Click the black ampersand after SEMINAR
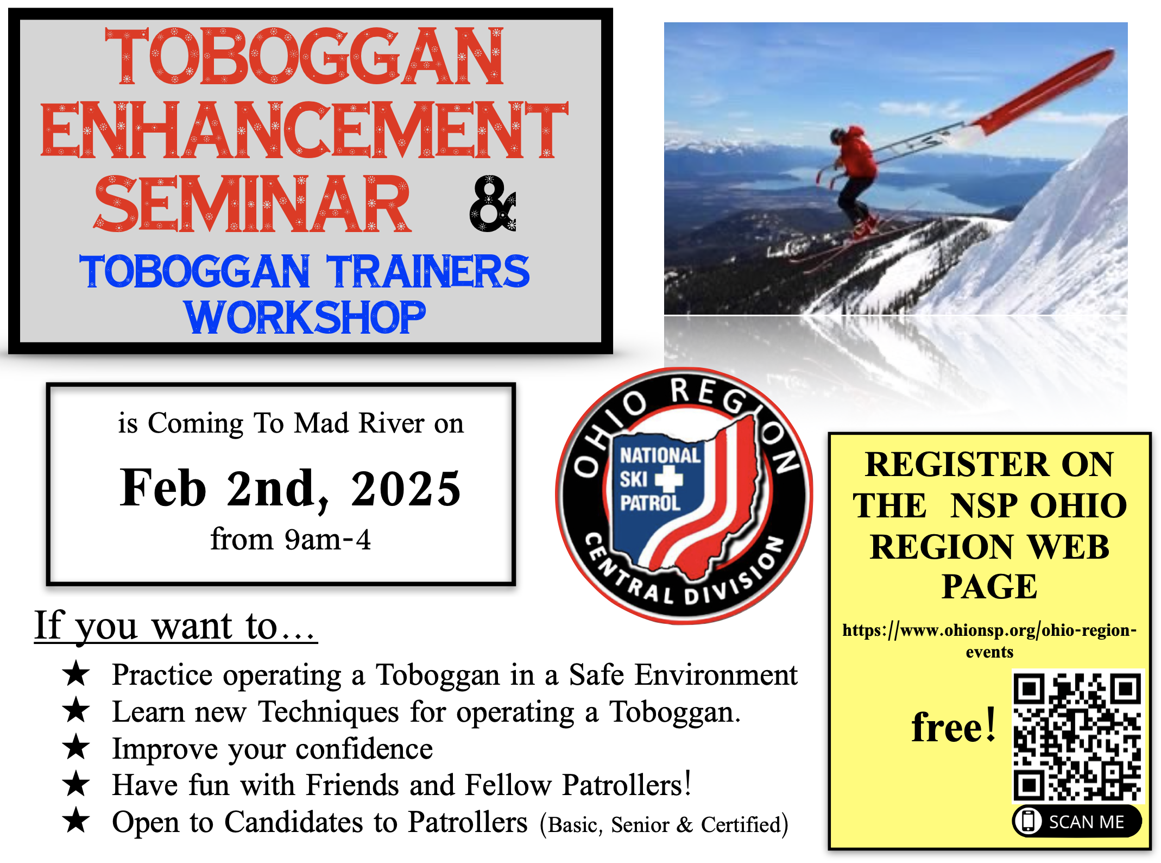(493, 204)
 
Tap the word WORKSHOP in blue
(305, 317)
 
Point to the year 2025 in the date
(406, 488)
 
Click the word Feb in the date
(163, 487)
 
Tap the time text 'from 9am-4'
(291, 539)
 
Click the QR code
(1078, 736)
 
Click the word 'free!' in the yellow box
(954, 726)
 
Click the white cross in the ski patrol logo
(668, 479)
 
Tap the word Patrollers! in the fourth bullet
(627, 785)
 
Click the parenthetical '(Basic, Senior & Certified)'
(664, 824)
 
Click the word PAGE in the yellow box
(989, 586)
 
